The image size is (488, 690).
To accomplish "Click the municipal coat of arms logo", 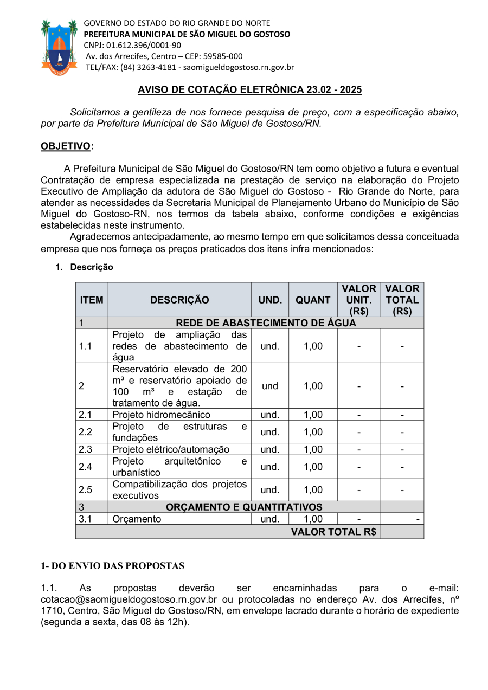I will pos(59,47).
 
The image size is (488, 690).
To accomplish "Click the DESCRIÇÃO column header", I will pos(179,300).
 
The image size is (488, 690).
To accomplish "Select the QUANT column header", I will pos(313,300).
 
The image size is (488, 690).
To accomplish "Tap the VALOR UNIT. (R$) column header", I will pos(358,300).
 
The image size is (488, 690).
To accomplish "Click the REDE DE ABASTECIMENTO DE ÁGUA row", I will pos(266,323).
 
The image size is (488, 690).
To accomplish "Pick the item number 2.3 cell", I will pos(85,449).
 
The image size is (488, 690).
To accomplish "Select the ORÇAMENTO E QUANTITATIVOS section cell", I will pos(244,507).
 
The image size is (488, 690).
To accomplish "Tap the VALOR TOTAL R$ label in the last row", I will pos(333,532).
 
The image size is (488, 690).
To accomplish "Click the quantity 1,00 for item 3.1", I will pos(313,519).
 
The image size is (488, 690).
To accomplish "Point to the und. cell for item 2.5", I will pos(270,489).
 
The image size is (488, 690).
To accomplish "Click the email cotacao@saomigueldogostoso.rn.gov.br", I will pos(129,599).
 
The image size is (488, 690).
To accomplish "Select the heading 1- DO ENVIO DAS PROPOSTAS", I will pos(113,566).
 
